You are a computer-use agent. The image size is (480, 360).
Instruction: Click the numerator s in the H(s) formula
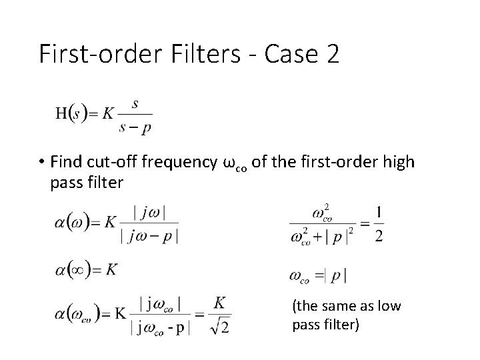(135, 103)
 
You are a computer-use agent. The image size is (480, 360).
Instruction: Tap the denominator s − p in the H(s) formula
(135, 127)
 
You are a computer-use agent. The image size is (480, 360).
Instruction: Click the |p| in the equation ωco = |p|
(337, 275)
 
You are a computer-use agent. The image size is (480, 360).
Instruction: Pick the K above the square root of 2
(220, 303)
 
